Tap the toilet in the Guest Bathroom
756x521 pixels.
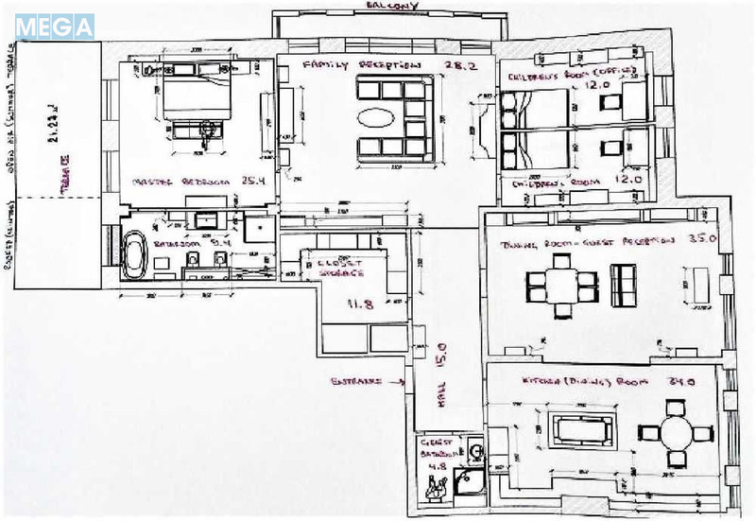pos(436,489)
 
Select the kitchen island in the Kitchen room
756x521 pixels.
pos(578,430)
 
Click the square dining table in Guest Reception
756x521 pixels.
pos(560,283)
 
